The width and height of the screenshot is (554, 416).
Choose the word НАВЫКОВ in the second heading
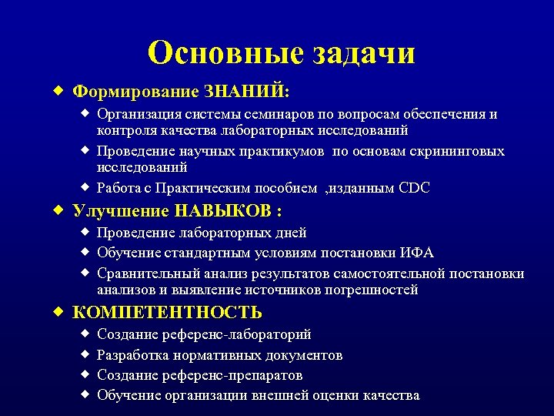pyautogui.click(x=225, y=211)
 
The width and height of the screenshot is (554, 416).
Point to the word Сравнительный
pyautogui.click(x=142, y=274)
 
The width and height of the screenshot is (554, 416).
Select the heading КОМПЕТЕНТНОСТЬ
pyautogui.click(x=167, y=313)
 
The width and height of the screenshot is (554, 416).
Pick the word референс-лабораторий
pyautogui.click(x=236, y=335)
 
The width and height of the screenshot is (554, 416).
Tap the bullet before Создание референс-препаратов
pyautogui.click(x=86, y=374)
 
